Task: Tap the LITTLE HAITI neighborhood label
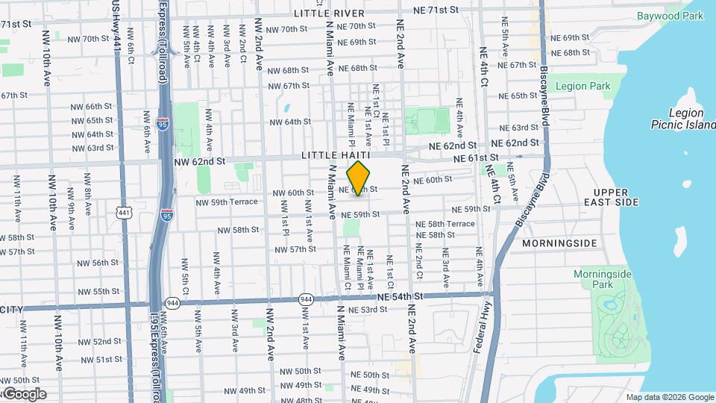click(x=333, y=155)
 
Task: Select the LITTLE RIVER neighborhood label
click(x=329, y=13)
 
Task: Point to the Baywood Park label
click(x=671, y=16)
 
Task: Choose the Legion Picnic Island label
click(x=680, y=119)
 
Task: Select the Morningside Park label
click(x=603, y=279)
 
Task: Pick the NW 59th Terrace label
click(x=227, y=201)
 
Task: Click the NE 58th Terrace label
click(x=445, y=224)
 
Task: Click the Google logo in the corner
click(x=24, y=393)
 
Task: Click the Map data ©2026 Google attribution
click(x=668, y=397)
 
